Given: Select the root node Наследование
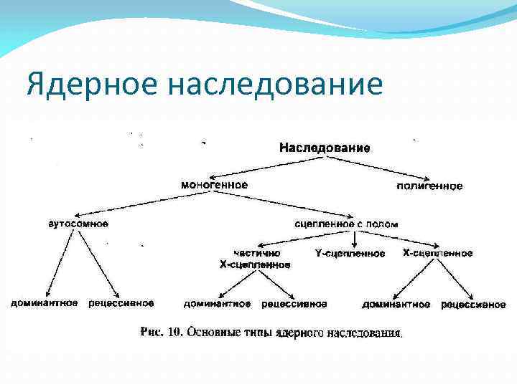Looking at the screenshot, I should pos(325,148).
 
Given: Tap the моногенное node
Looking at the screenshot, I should pos(214,184).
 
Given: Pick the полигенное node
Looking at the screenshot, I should pos(429,186).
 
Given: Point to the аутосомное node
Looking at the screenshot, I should pos(78,224).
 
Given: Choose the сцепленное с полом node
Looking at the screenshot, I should pos(346,224).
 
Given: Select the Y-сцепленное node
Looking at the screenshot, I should pos(350,254).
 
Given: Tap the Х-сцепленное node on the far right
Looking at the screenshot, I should pos(437,254).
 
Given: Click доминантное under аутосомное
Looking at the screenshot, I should pos(44,303).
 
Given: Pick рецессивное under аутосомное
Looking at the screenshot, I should pos(121,303).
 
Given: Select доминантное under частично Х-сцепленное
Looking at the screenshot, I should pos(217,304).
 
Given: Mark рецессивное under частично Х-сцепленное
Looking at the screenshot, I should pos(294,304).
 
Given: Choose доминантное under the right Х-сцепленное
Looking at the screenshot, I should pos(396,305).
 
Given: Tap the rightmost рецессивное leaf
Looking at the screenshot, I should pos(473,305).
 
